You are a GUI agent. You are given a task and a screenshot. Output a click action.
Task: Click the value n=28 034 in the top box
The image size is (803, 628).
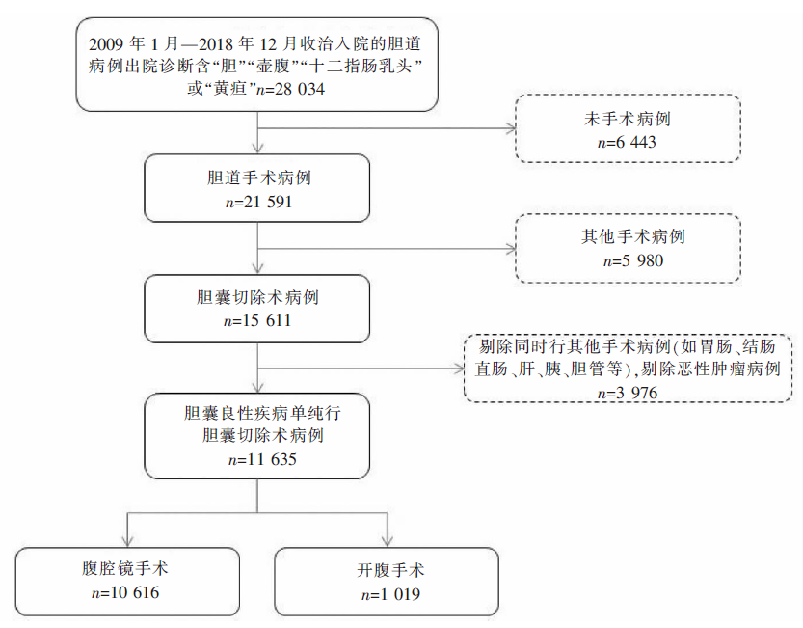pos(290,89)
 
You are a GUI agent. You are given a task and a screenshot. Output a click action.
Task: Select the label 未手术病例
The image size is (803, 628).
pos(628,119)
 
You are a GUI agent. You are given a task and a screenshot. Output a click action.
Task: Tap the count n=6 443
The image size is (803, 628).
pos(627,142)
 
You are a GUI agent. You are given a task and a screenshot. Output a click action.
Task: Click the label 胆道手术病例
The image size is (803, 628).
pos(258,177)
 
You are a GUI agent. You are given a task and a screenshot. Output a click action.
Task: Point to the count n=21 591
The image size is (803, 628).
pos(258,202)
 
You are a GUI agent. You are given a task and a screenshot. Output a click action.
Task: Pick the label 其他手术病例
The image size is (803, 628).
pos(633,236)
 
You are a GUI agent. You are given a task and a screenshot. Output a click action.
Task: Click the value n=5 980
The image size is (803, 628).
pos(633,260)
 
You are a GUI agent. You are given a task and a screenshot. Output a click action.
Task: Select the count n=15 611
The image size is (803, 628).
pos(257,321)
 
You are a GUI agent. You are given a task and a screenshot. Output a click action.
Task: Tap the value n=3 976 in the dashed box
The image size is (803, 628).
pos(628,394)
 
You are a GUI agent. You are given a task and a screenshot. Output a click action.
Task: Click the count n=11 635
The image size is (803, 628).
pos(262,459)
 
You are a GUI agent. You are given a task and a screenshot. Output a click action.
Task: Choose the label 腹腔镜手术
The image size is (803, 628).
pos(125,568)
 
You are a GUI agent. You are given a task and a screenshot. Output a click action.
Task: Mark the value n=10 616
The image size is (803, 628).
pos(125,593)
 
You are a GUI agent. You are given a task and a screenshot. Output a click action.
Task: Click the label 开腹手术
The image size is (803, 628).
pos(390,570)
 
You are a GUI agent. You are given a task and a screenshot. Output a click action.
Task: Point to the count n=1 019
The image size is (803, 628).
pos(390,594)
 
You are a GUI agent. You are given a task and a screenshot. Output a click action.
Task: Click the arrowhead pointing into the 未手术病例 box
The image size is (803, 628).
pos(511,128)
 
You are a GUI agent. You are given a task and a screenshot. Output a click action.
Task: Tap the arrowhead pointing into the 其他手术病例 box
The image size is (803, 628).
pos(511,249)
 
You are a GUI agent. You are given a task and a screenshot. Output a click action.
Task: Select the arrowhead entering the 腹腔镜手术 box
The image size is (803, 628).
pos(127,541)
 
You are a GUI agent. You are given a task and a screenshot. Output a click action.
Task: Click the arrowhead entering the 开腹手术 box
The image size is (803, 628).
pos(388,541)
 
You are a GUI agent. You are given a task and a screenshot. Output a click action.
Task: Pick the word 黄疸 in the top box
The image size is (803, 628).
pos(230,89)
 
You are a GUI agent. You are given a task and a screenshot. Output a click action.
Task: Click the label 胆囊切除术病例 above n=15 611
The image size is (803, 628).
pos(257,297)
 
